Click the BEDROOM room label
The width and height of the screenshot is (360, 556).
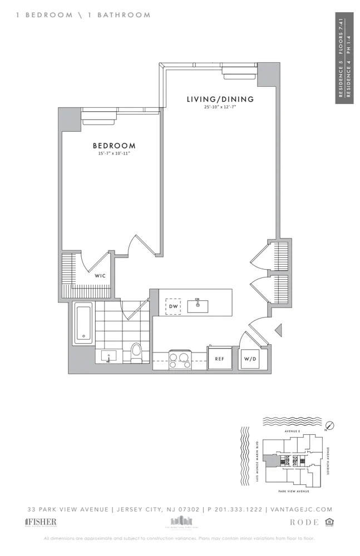114,146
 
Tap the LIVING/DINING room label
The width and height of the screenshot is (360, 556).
220,100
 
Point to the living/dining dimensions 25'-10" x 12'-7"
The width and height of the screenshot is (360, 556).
220,107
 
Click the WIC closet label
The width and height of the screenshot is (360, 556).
100,275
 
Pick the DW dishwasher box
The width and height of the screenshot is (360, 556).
173,306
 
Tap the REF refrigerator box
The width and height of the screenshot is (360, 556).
219,359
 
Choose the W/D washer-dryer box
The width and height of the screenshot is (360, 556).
249,359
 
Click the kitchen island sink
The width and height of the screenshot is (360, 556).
198,305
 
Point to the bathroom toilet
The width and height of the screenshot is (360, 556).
136,353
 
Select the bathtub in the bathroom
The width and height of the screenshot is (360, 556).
83,322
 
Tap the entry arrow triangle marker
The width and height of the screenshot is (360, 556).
279,330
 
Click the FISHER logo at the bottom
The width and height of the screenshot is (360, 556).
41,522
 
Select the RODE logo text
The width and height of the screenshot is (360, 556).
305,523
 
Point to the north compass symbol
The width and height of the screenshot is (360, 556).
329,425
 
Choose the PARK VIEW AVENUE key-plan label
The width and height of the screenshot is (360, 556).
293,492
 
